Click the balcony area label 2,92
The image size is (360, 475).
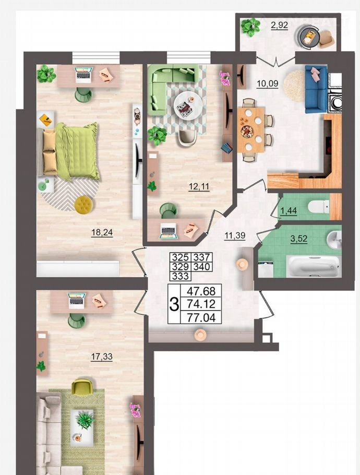pos(279,25)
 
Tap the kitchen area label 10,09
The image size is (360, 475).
pos(267,83)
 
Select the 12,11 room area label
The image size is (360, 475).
pos(199,186)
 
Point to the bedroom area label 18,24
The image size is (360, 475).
pos(102,232)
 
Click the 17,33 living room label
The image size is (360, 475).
pos(102,357)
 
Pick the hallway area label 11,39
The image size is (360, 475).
pos(235,235)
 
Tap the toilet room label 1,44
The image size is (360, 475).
pos(289,210)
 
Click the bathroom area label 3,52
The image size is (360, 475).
pos(299,239)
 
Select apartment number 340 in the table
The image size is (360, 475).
pos(201,267)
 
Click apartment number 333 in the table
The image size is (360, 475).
pos(181,276)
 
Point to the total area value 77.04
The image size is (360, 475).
pos(201,317)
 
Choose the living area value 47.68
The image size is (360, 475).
pos(201,291)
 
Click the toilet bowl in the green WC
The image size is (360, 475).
pos(318,207)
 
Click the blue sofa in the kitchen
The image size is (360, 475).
pos(316,89)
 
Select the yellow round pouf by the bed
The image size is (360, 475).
pos(84,205)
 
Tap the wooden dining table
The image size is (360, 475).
pos(251,130)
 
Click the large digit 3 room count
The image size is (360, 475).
pos(174,304)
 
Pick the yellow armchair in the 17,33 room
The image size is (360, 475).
pos(82,387)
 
